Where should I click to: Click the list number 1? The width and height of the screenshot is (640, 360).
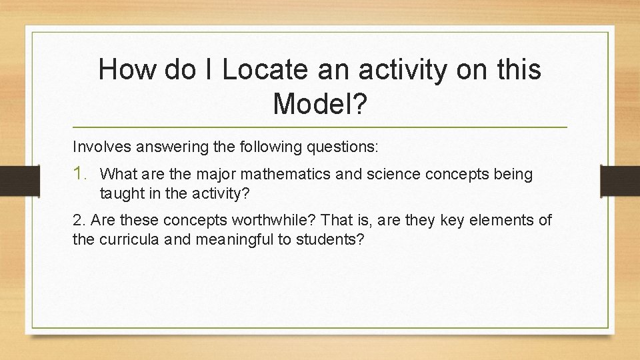pos(81,175)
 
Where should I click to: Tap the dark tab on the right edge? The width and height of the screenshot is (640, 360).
pos(620,181)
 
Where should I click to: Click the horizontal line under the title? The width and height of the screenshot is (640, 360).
pos(320,127)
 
